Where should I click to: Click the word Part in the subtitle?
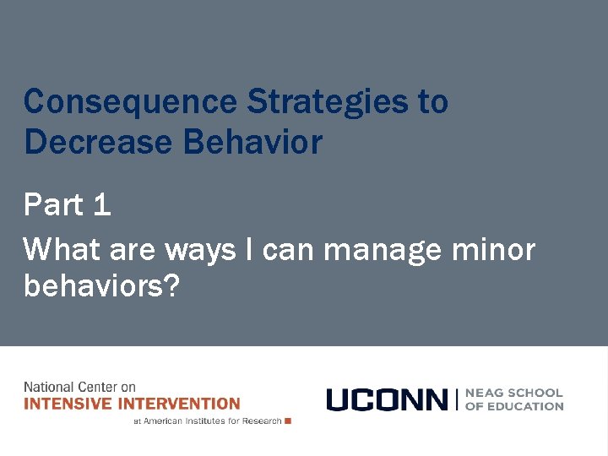[53, 205]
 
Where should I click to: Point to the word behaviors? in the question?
[102, 285]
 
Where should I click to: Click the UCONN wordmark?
[387, 399]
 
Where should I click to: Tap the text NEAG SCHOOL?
[513, 393]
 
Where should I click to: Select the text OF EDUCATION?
[513, 406]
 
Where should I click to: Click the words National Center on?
[79, 388]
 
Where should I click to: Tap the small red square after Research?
[288, 421]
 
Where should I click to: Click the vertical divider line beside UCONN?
[456, 399]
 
